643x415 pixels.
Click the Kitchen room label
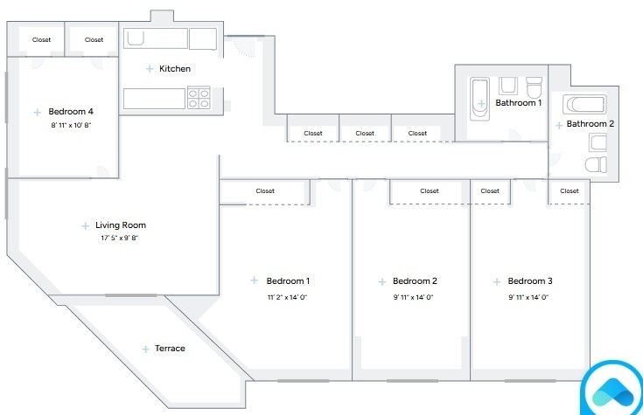[x=175, y=68]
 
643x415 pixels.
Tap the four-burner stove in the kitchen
[x=199, y=98]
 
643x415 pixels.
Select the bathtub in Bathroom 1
[x=479, y=99]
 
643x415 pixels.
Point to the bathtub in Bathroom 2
[x=584, y=105]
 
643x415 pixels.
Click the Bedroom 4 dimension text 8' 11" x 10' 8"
[x=71, y=125]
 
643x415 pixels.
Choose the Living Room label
[x=121, y=225]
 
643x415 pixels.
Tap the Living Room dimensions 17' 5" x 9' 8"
[x=119, y=238]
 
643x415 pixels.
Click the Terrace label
[x=170, y=349]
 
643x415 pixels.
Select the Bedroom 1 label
[x=288, y=281]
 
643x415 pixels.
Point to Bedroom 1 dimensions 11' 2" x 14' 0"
[x=287, y=297]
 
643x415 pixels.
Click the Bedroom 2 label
[x=415, y=281]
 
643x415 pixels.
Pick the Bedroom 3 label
[x=530, y=281]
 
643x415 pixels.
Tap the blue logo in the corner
[x=613, y=390]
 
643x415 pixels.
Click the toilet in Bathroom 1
[x=534, y=86]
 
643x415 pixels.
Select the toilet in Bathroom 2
[x=596, y=164]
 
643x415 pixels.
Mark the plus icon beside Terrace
[x=145, y=349]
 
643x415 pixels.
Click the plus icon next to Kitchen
[x=150, y=69]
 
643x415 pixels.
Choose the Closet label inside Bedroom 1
[x=265, y=191]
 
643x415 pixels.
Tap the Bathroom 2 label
[x=591, y=124]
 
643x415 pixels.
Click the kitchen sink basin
[x=136, y=38]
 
